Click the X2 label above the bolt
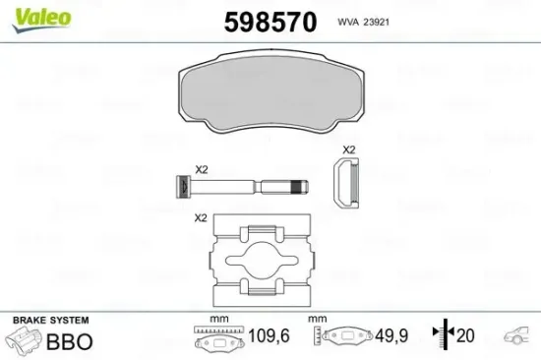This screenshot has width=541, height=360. pos(201,169)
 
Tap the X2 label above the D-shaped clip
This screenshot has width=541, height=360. pos(347,150)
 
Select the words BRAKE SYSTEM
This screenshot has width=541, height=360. pos(49,321)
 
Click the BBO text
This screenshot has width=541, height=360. pos(70,342)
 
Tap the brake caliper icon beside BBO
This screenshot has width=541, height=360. pos(25,342)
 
